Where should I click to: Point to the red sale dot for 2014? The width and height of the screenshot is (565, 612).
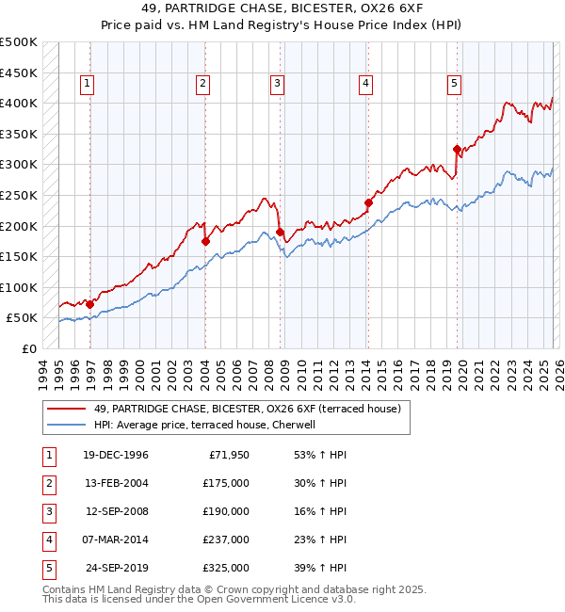368,202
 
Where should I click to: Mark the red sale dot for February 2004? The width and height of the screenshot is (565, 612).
205,241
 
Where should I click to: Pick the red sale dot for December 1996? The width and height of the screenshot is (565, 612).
89,304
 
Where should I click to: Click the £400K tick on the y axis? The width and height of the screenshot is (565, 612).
19,103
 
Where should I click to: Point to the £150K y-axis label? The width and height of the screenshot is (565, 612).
19,256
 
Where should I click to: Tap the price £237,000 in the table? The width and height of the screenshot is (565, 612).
227,540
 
